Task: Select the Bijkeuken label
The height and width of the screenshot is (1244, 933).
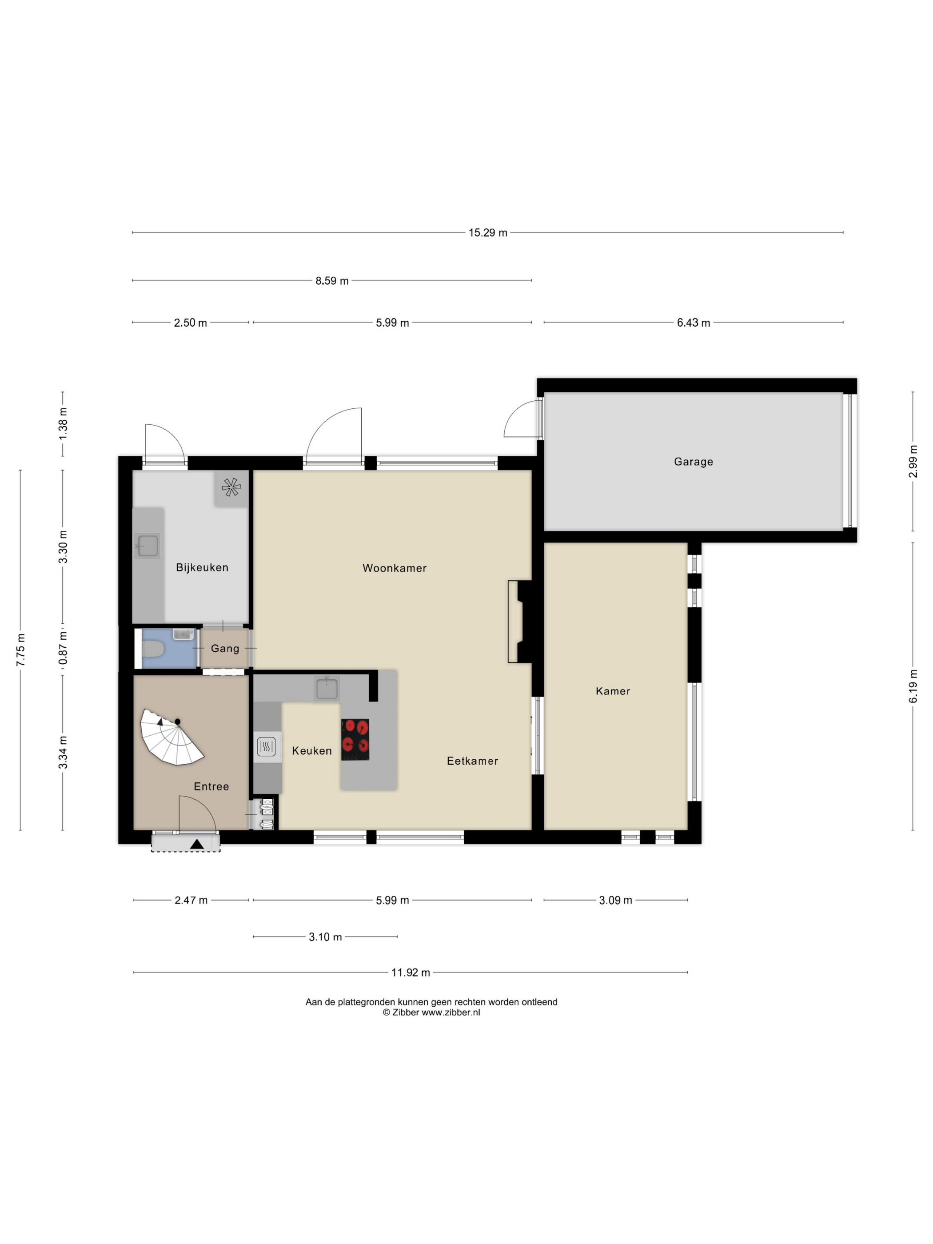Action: coord(202,567)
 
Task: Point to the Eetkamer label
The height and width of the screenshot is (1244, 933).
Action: coord(472,761)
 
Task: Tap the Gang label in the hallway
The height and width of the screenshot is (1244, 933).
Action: coord(225,648)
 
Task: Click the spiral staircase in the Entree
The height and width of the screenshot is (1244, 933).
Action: coord(171,737)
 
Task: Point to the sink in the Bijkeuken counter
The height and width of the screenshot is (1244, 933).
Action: coord(148,546)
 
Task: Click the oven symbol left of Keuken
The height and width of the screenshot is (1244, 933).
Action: coord(267,747)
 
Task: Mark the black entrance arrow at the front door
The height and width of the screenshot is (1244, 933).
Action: coord(197,844)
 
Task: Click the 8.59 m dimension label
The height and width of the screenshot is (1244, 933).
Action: coord(332,281)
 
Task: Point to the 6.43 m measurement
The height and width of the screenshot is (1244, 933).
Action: coord(694,323)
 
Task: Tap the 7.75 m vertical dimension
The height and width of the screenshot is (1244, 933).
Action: coord(21,650)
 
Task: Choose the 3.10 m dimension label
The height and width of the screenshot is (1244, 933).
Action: coord(325,937)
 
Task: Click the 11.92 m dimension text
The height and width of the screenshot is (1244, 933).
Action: coord(411,973)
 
